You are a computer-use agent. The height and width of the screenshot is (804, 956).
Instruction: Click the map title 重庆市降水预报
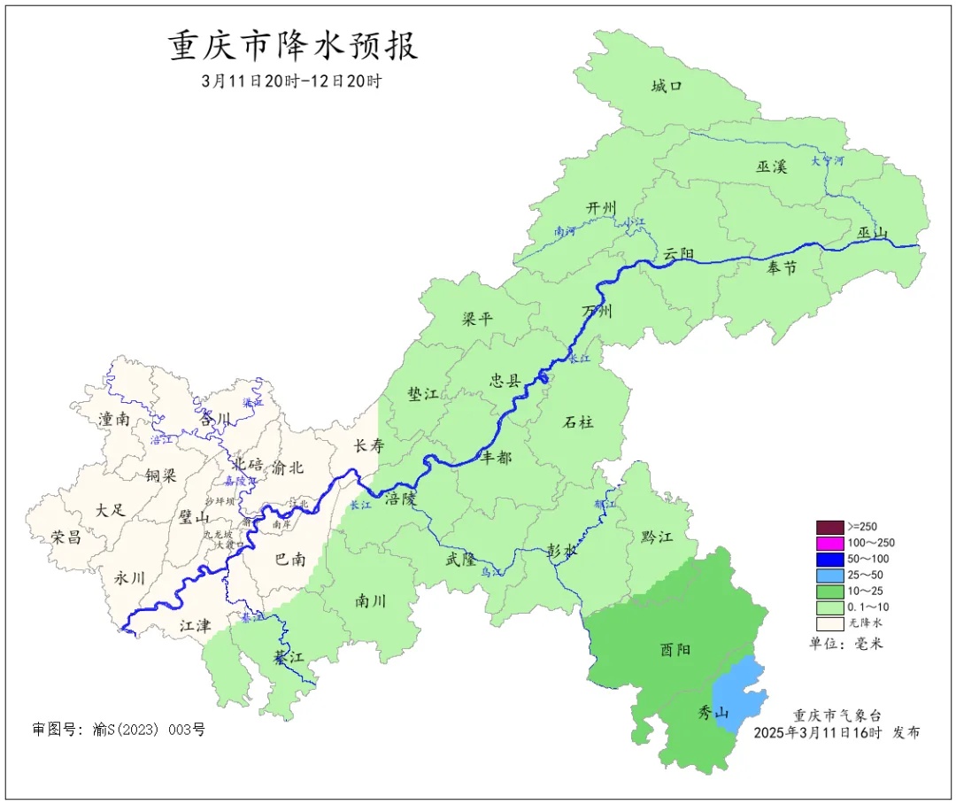(293, 46)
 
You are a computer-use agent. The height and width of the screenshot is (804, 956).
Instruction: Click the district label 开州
(601, 207)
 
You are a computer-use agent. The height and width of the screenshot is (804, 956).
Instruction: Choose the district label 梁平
(477, 319)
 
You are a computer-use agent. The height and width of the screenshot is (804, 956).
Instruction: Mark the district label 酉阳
(675, 649)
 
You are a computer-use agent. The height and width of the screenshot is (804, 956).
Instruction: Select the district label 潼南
(115, 419)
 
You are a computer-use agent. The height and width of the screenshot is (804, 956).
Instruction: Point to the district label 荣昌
(66, 537)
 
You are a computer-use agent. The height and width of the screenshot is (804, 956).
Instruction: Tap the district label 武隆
(460, 560)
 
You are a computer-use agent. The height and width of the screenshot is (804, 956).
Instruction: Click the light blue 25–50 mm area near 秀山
(738, 695)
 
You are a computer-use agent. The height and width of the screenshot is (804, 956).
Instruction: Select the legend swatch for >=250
(829, 527)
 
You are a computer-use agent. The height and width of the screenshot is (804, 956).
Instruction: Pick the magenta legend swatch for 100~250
(829, 543)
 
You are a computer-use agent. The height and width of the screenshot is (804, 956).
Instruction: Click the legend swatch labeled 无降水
(829, 622)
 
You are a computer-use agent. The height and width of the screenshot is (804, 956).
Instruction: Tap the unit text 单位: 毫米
(846, 644)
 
